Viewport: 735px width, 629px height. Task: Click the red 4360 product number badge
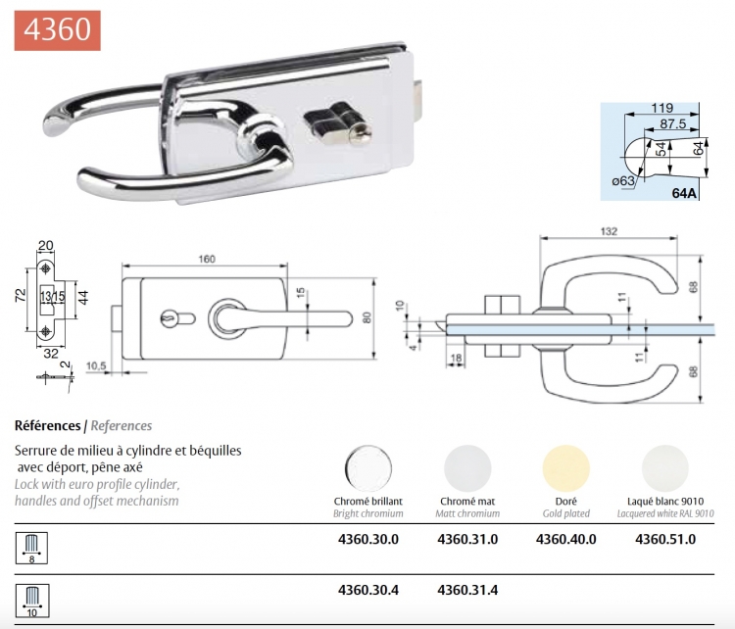57,30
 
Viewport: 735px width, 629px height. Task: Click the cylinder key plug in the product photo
361,134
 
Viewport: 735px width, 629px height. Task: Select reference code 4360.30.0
367,539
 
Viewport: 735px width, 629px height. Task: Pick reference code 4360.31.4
467,590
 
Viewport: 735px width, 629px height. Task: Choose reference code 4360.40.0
565,539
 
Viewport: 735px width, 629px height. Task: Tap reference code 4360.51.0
665,539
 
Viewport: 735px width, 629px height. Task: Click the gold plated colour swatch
565,467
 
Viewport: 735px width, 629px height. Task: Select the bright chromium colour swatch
367,467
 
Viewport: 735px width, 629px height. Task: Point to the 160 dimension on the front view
207,260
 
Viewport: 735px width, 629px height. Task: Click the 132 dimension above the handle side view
609,231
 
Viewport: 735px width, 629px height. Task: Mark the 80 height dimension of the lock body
367,317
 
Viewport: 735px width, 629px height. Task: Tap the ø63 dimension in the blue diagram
623,181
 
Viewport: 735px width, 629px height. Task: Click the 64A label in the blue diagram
684,193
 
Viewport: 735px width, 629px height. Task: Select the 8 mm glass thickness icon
32,548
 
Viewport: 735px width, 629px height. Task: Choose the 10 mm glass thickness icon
32,601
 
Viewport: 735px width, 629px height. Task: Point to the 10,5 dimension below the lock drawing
96,365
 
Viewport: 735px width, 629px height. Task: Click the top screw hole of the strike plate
45,268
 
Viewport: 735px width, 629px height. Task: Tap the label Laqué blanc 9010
665,501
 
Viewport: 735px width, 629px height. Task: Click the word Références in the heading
48,425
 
